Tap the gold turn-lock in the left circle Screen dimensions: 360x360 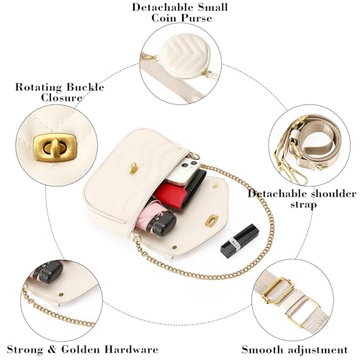55,146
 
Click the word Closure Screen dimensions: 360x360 61,98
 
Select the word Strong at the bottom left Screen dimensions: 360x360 25,349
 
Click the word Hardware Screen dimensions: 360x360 132,349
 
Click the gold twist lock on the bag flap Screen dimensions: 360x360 134,168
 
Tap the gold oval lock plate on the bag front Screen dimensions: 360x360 212,220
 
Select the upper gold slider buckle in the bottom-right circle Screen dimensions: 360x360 279,291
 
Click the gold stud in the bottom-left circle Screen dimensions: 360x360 61,294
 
